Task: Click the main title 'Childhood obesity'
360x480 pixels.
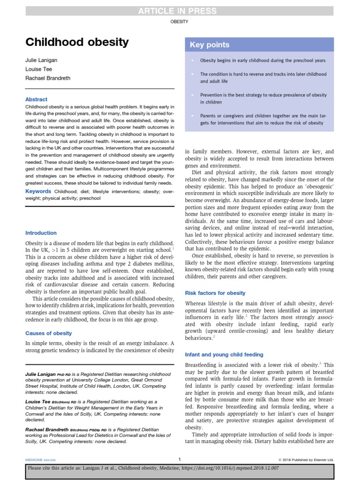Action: point(77,43)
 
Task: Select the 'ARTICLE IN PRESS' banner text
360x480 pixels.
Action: point(180,11)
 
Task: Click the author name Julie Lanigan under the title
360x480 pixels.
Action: point(42,61)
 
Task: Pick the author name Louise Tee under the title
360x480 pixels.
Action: point(38,69)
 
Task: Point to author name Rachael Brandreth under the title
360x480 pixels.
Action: point(48,78)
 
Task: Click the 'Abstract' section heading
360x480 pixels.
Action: point(36,99)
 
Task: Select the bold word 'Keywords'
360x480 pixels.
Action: point(38,191)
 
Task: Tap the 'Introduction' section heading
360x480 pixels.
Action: point(41,233)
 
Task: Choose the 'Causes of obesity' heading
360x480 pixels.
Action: point(48,333)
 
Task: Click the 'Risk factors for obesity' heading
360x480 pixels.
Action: point(215,293)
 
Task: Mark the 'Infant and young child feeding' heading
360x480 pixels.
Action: point(224,355)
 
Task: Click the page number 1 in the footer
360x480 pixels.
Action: point(180,459)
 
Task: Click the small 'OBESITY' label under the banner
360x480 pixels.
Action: point(180,22)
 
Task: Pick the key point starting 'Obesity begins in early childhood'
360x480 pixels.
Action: point(262,60)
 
